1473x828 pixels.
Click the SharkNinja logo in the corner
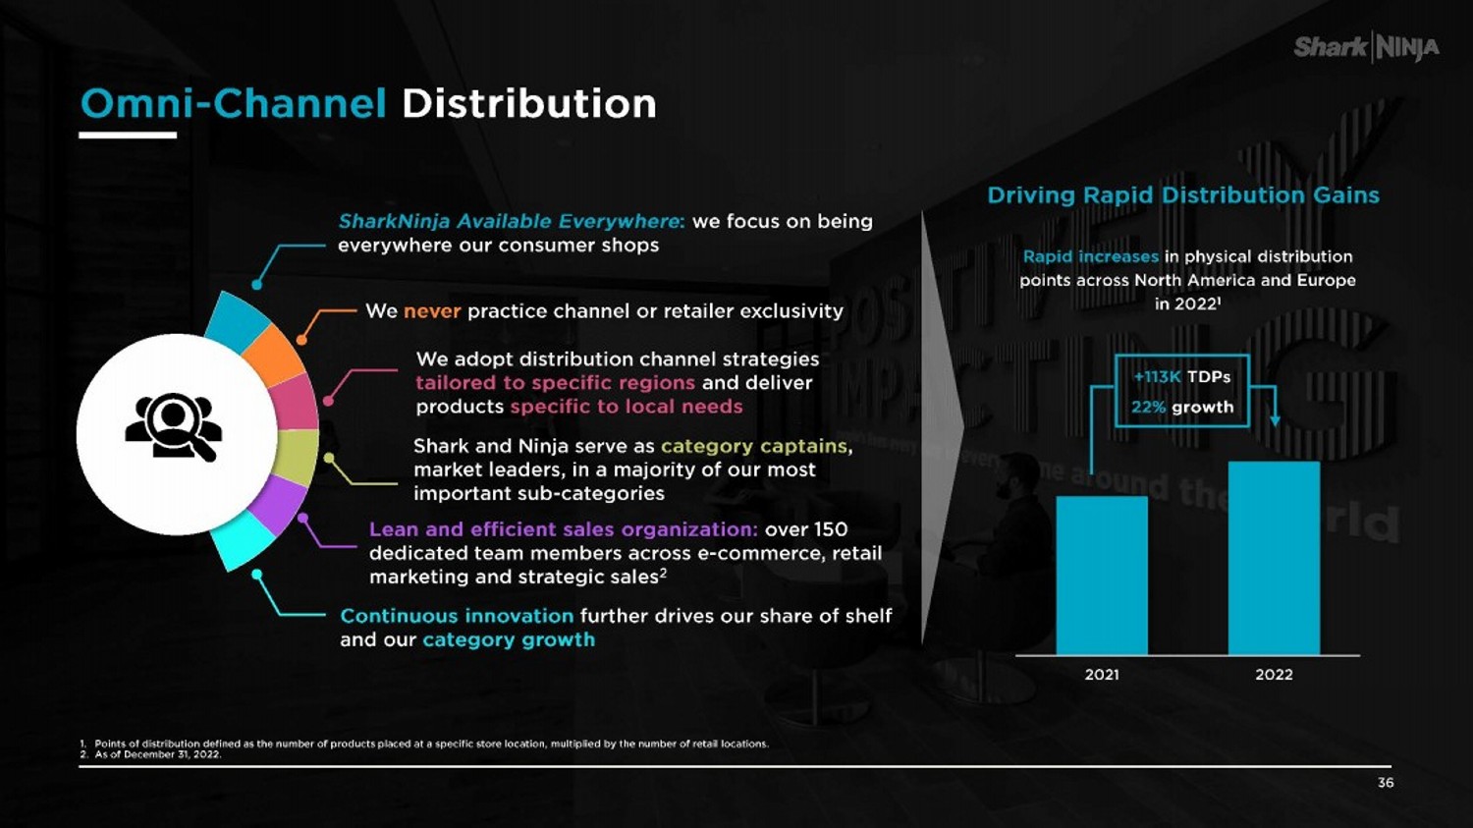tap(1366, 46)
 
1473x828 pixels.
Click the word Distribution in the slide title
tap(528, 103)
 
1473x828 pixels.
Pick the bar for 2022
tap(1274, 558)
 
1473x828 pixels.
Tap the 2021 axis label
tap(1101, 675)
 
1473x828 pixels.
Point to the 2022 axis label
tap(1274, 675)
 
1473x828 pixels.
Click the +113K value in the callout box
tap(1157, 377)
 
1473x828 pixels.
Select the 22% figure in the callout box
tap(1148, 407)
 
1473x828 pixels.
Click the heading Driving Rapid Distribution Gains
tap(1182, 195)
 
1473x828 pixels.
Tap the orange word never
tap(432, 311)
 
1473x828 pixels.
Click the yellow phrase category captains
tap(753, 446)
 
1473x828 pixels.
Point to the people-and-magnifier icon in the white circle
tap(174, 427)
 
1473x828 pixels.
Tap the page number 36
tap(1386, 783)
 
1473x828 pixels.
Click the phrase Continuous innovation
tap(457, 616)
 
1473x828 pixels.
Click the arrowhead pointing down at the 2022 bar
tap(1275, 420)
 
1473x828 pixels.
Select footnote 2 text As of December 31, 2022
tap(157, 754)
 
